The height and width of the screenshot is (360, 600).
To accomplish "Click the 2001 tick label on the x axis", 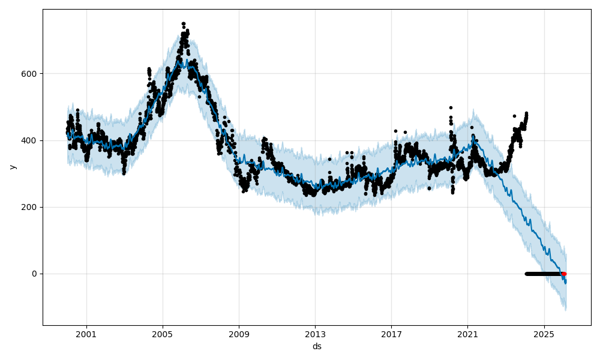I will (86, 334).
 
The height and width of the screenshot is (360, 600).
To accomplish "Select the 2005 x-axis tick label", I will (163, 334).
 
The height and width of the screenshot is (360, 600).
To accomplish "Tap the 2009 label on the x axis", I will (239, 334).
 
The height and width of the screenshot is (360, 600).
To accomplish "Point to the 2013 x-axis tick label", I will (315, 334).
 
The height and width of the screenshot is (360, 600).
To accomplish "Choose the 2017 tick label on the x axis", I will (391, 334).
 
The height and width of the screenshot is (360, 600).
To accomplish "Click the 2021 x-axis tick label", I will (467, 334).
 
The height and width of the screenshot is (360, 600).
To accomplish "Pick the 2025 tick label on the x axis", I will (544, 334).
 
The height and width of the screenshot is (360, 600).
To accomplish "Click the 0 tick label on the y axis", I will (34, 274).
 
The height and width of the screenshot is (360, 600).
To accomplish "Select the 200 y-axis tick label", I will (29, 207).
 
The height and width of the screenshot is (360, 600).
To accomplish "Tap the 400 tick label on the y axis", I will (29, 140).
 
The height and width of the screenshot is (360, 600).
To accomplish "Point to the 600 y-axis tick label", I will (29, 74).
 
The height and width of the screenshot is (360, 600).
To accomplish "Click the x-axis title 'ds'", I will (317, 346).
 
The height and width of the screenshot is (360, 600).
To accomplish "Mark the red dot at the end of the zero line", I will (564, 274).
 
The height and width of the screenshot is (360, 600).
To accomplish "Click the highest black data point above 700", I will (184, 23).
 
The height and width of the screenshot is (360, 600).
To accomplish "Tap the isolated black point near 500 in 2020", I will (451, 107).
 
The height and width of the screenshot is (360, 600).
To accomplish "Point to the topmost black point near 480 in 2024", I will (526, 113).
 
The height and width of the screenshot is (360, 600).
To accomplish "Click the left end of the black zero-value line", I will (526, 274).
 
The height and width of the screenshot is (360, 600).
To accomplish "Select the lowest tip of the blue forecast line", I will (565, 283).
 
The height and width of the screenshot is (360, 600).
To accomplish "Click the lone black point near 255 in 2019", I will (429, 188).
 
